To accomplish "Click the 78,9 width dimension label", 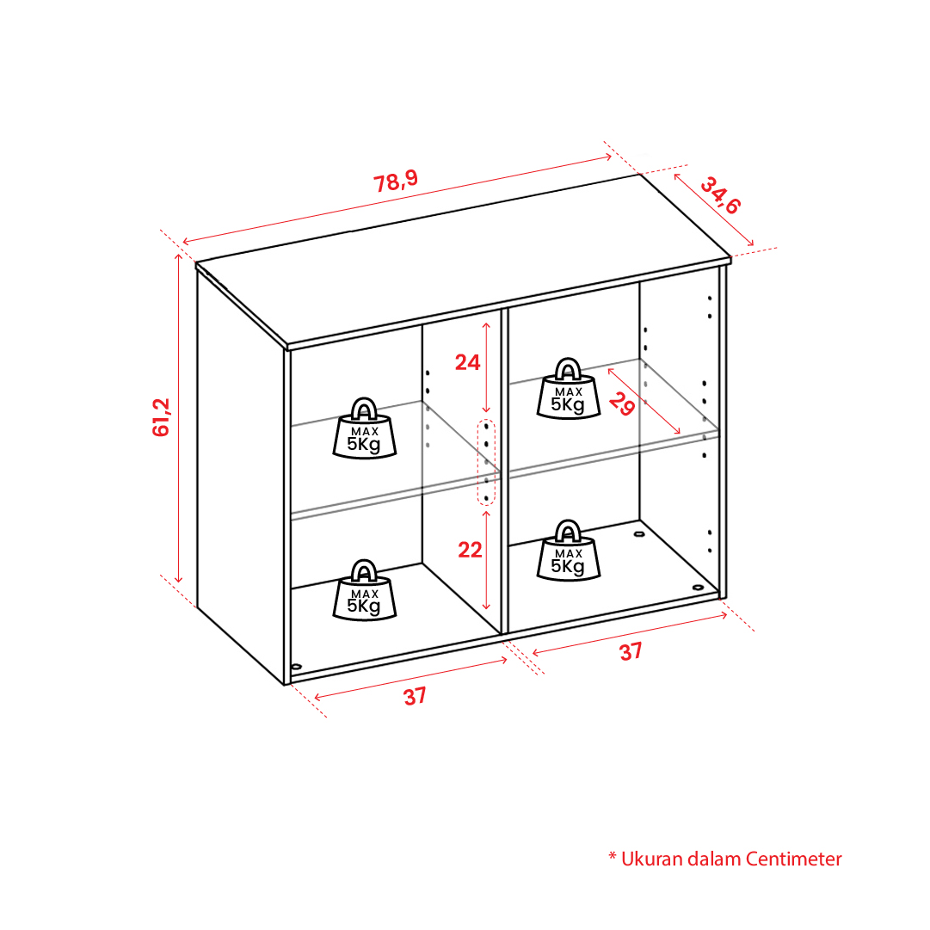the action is (396, 181).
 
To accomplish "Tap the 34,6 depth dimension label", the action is (721, 195).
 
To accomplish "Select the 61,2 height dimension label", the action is (161, 417).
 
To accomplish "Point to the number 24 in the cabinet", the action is (467, 362).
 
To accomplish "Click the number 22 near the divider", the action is (470, 550).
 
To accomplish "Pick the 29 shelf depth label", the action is (622, 403).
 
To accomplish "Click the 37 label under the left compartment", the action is (416, 696).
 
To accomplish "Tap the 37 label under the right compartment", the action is (631, 651).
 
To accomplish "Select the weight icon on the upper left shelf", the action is (364, 428).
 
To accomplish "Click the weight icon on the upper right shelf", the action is (568, 389).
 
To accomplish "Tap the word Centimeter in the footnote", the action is (793, 859).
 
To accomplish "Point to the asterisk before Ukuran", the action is (613, 856).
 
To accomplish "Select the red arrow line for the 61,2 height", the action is (179, 417).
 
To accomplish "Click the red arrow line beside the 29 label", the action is (644, 401).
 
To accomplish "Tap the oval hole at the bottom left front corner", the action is (297, 667).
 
